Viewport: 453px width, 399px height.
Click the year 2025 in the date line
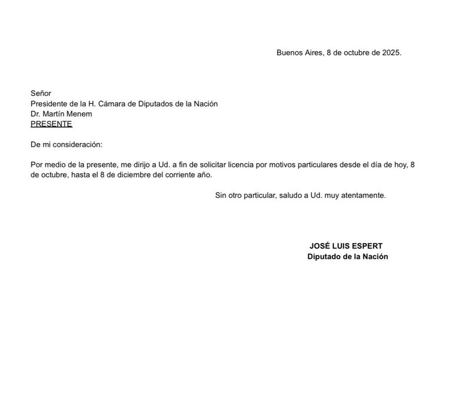391,52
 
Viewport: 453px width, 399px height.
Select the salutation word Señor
41,93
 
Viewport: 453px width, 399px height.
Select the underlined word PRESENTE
51,124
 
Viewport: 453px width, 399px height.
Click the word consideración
78,144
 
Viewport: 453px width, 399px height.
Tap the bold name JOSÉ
321,247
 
